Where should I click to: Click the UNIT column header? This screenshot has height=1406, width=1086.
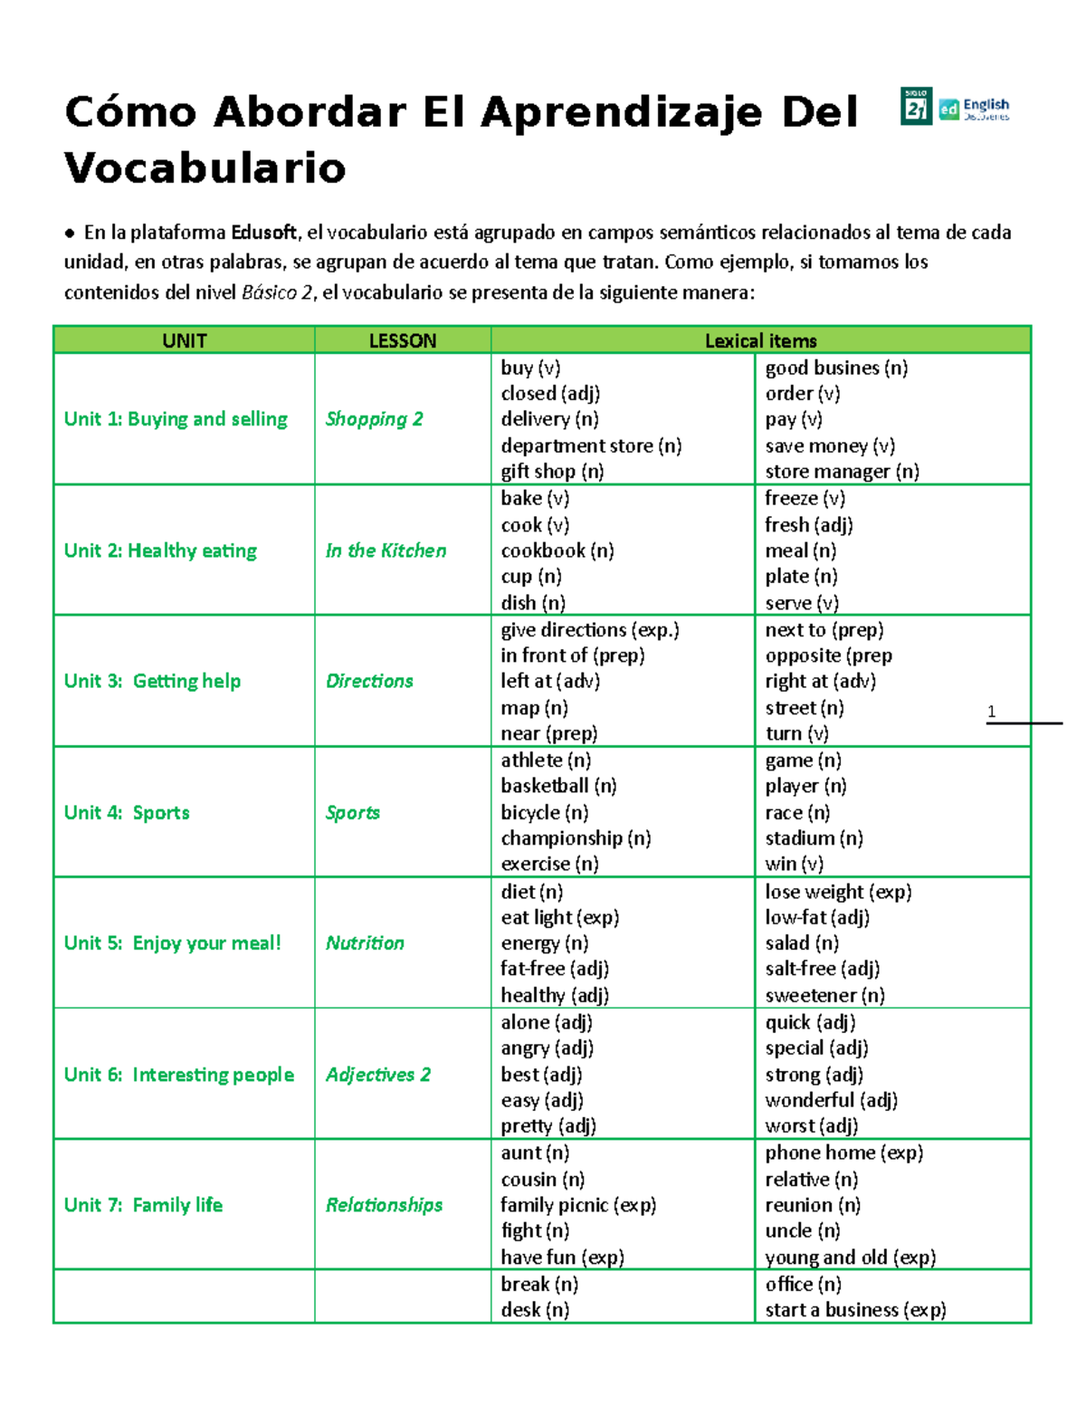pos(184,340)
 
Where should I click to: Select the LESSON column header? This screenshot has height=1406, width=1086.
pos(403,340)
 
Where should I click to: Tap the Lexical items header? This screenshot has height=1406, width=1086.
pos(760,340)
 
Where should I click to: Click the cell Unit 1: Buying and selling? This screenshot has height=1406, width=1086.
pos(176,419)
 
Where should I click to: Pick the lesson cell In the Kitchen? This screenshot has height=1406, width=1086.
pos(386,550)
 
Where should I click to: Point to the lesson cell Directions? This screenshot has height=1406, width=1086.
pos(369,681)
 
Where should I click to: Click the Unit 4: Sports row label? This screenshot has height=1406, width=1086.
pos(127,812)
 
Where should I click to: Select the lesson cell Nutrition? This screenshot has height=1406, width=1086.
pos(365,942)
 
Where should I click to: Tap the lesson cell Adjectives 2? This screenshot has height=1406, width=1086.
pos(378,1075)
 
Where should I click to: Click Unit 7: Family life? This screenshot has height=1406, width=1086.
pos(143,1205)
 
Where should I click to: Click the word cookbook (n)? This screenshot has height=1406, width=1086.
pos(557,550)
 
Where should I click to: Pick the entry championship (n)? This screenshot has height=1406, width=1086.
pos(576,838)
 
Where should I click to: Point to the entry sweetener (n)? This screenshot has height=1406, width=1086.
pos(824,996)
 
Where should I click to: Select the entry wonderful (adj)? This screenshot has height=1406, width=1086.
pos(831,1100)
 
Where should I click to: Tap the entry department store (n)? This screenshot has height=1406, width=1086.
pos(591,445)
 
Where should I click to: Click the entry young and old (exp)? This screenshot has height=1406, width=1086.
pos(850,1258)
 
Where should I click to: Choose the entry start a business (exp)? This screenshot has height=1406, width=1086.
pos(855,1310)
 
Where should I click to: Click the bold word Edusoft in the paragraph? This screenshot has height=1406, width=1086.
pos(263,233)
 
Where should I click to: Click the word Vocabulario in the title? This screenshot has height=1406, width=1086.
pos(205,168)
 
